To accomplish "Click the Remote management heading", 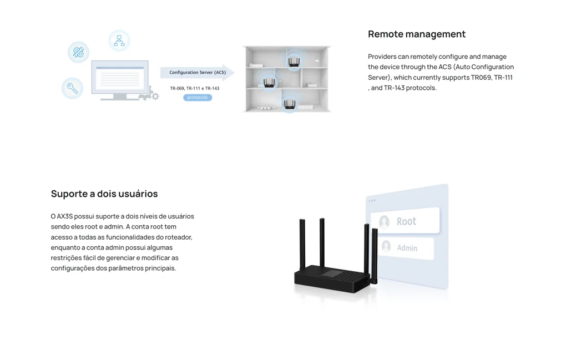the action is pos(416,34).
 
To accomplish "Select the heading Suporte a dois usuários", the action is pos(104,194).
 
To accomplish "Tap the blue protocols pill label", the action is pos(198,98).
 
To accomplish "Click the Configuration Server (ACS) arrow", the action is pos(197,73).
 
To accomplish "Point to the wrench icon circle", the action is pos(72,88).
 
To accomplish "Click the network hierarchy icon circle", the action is pos(119,40).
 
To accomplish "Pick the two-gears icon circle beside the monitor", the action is pos(78,52).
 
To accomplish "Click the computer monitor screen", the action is pos(120,77).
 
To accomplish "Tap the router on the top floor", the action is pos(294,61).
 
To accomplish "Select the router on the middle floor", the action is pos(269,82).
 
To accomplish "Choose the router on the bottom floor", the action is pos(289,103).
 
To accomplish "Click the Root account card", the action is pos(405,221).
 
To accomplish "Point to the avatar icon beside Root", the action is pos(384,222).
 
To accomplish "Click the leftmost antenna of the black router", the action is pos(302,243).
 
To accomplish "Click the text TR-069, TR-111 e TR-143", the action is pos(194,88).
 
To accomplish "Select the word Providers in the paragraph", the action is pos(382,57).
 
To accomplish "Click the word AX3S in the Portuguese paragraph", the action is pos(65,216).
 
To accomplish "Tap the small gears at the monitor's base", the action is pos(150,95).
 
